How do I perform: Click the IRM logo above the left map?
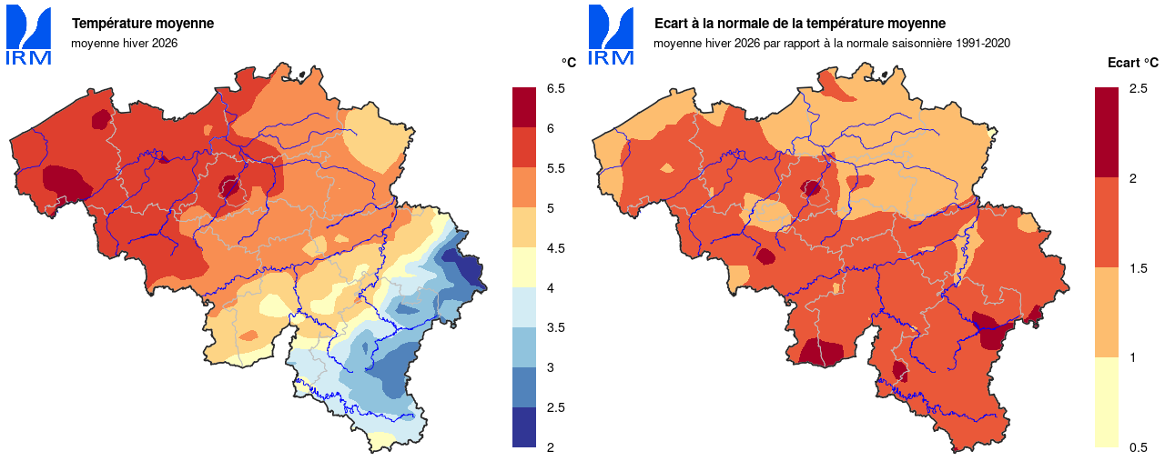(28, 35)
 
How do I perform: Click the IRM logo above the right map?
(611, 35)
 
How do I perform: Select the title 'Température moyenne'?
(143, 24)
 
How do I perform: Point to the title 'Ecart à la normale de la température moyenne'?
(800, 24)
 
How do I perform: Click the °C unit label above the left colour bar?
(568, 63)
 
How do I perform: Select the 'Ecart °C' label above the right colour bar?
(1132, 63)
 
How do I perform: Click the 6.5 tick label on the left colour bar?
(555, 88)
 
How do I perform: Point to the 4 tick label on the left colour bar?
(550, 288)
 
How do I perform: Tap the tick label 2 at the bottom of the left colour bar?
(550, 447)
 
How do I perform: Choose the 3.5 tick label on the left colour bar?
(555, 327)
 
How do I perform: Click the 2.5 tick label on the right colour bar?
(1138, 88)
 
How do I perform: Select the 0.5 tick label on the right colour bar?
(1138, 447)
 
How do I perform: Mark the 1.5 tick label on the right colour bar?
(1138, 268)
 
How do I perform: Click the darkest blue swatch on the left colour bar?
(525, 427)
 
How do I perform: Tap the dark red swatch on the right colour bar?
(1107, 133)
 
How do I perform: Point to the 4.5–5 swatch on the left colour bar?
(525, 228)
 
